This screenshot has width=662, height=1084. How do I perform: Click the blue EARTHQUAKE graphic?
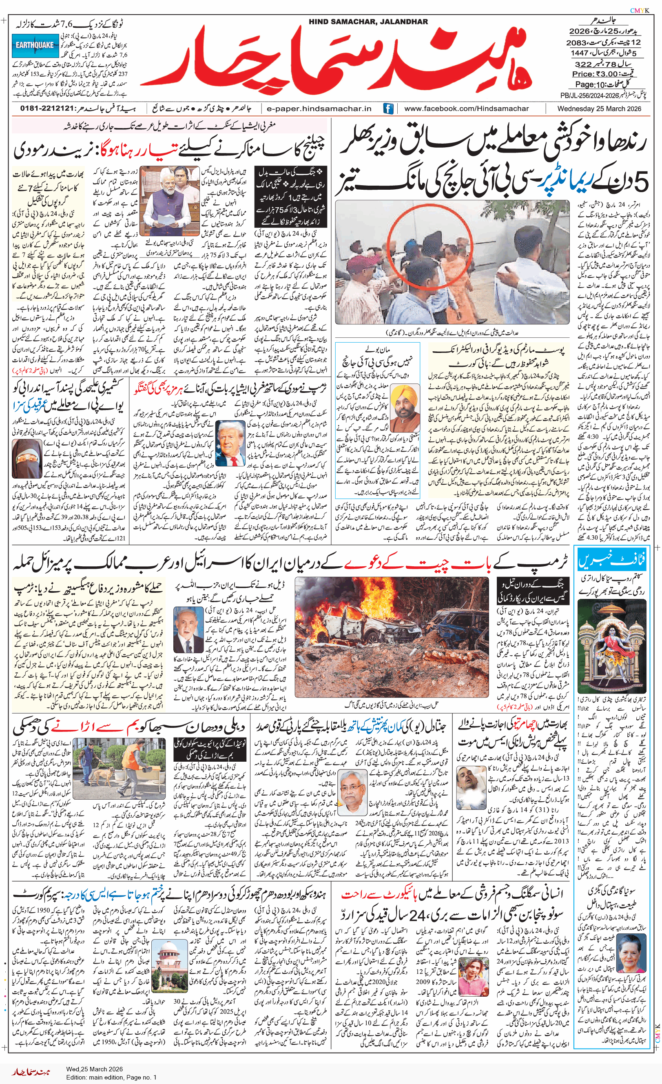pos(35,45)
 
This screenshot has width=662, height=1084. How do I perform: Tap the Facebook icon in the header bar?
pos(388,109)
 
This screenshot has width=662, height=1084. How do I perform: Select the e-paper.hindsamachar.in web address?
pos(319,109)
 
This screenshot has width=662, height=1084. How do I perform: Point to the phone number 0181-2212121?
pos(46,109)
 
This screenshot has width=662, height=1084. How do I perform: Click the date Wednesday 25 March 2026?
pos(599,109)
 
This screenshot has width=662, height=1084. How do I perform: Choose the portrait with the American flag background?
pos(230,444)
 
